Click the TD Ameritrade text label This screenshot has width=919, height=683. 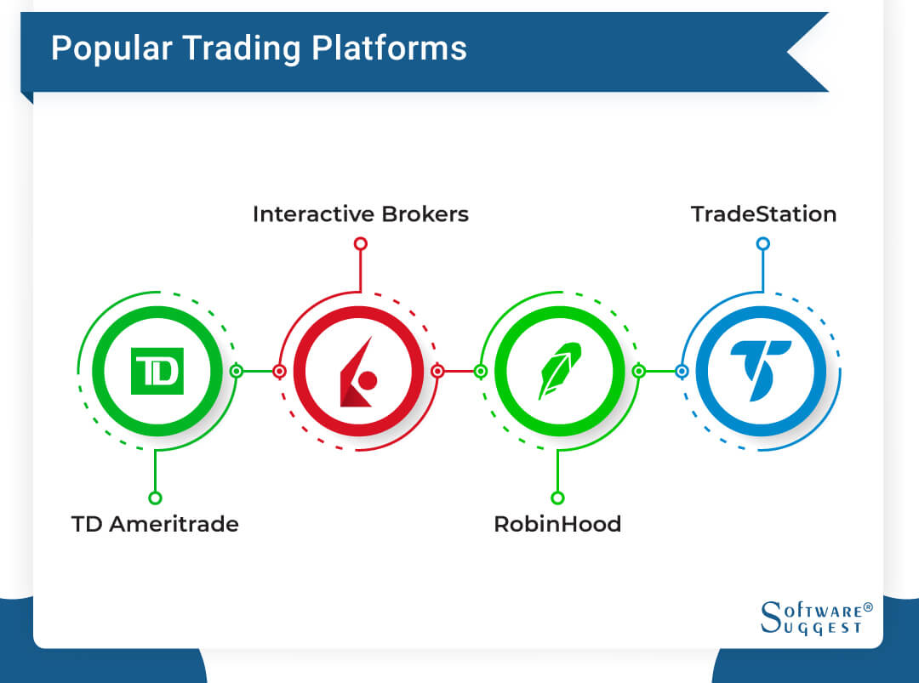click(155, 524)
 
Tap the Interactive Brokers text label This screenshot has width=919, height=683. click(360, 213)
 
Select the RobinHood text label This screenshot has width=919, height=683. click(557, 524)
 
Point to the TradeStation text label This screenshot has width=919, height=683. click(763, 213)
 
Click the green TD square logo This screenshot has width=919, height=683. click(157, 372)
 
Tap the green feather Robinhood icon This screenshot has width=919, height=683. click(558, 372)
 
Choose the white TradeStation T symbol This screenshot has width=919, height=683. click(760, 372)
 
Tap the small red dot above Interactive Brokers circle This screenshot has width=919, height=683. click(360, 244)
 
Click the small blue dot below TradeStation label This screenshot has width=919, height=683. click(763, 244)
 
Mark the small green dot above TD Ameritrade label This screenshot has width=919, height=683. click(155, 498)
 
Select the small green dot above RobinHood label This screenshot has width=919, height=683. click(557, 498)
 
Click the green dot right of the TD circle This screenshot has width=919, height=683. click(237, 371)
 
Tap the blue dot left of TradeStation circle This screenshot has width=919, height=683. click(682, 371)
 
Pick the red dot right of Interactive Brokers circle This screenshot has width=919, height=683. click(437, 371)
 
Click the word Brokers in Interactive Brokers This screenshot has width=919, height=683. click(425, 213)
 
